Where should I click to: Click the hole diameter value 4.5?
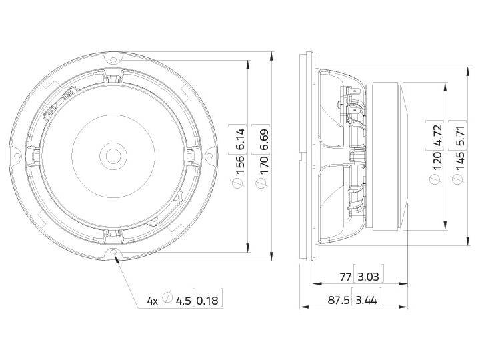click(x=183, y=301)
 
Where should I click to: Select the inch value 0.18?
click(x=208, y=301)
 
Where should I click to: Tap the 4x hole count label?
click(x=152, y=301)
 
